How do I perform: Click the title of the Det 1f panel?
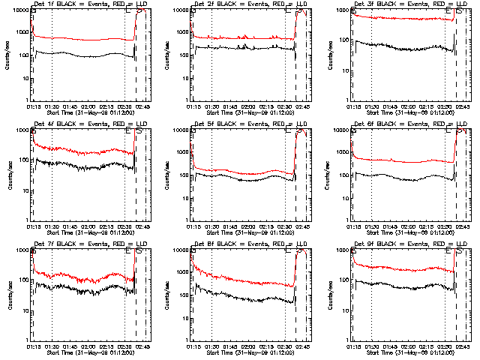(x=88, y=4)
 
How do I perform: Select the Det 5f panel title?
(x=248, y=124)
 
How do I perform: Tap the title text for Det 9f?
(x=409, y=244)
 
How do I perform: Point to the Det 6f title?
(x=409, y=124)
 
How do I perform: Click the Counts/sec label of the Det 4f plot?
(x=10, y=175)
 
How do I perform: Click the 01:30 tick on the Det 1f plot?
(x=51, y=106)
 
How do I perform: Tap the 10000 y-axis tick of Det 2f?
(x=181, y=10)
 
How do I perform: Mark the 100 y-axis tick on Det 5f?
(x=184, y=175)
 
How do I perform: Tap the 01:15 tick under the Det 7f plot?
(x=33, y=346)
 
